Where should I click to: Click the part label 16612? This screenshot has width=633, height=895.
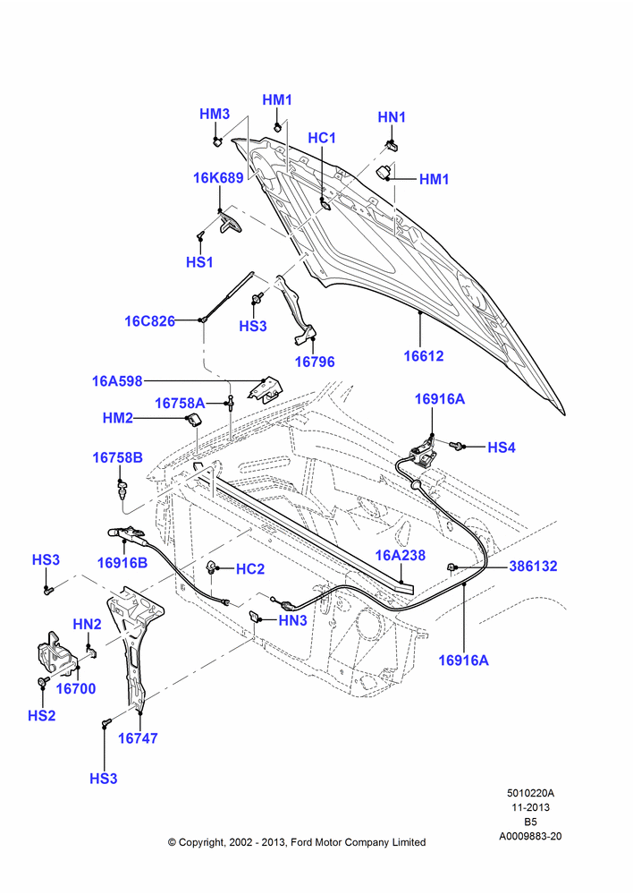(423, 355)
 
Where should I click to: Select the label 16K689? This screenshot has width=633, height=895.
(218, 177)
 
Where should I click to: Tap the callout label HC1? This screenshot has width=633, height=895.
(322, 138)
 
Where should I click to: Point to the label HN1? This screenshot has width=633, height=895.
(392, 117)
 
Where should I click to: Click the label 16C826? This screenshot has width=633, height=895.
(150, 320)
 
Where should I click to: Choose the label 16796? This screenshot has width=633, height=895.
(315, 362)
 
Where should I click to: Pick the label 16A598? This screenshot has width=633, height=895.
(117, 380)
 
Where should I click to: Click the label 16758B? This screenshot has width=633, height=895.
(118, 457)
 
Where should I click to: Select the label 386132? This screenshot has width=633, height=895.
(533, 566)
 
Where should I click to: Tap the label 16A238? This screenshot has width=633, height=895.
(401, 555)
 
